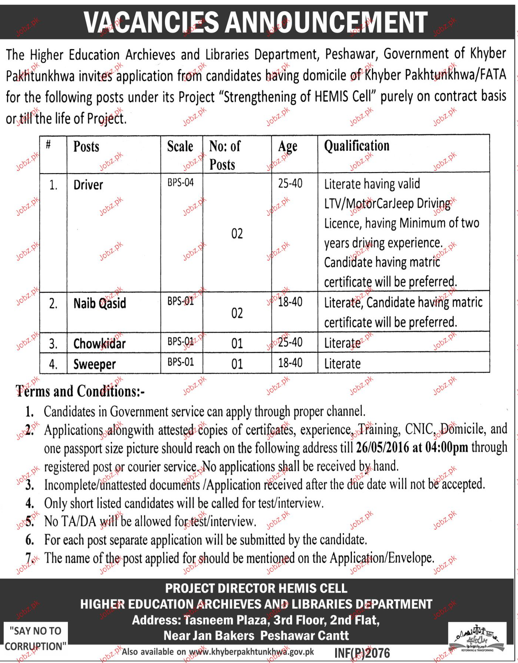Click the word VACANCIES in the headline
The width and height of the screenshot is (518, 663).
pyautogui.click(x=152, y=22)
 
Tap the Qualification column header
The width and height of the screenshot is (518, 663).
pyautogui.click(x=356, y=146)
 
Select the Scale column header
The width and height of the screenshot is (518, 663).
pyautogui.click(x=180, y=146)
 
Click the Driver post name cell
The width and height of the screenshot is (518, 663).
pyautogui.click(x=88, y=185)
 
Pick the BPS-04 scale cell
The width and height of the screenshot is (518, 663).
pyautogui.click(x=181, y=182)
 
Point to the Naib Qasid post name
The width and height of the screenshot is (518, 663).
pyautogui.click(x=100, y=303)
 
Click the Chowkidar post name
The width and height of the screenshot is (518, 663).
pyautogui.click(x=99, y=344)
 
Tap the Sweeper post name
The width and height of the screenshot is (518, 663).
pyautogui.click(x=95, y=364)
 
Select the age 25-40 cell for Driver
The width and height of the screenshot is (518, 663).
pyautogui.click(x=290, y=183)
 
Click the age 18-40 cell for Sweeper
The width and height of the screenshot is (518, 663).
pyautogui.click(x=290, y=362)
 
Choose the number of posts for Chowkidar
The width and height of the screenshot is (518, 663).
pyautogui.click(x=237, y=343)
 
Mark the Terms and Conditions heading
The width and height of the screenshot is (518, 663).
pyautogui.click(x=80, y=391)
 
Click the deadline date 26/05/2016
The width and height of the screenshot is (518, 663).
pyautogui.click(x=382, y=448)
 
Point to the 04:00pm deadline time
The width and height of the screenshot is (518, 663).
pyautogui.click(x=446, y=448)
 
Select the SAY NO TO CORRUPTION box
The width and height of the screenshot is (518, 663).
pyautogui.click(x=36, y=638)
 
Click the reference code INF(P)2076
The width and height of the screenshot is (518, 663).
pyautogui.click(x=362, y=653)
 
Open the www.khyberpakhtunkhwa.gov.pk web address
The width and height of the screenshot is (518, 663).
pyautogui.click(x=251, y=652)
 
